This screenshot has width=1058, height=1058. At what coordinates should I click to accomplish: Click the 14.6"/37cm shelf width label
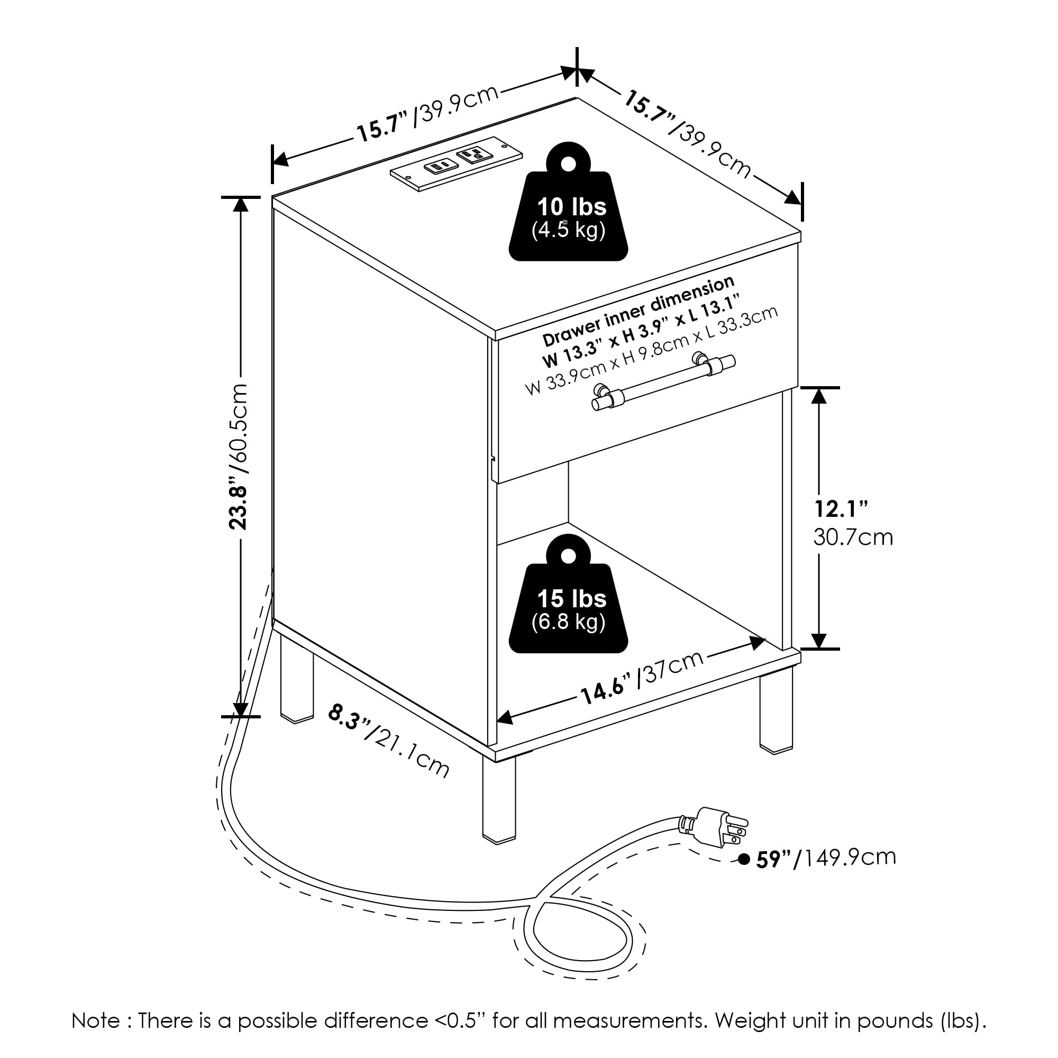pyautogui.click(x=641, y=678)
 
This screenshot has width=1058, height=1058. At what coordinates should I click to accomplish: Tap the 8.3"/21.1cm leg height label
pyautogui.click(x=389, y=741)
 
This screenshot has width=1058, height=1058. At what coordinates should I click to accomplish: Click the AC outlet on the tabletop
pyautogui.click(x=473, y=155)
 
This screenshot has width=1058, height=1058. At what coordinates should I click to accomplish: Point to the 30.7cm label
pyautogui.click(x=853, y=538)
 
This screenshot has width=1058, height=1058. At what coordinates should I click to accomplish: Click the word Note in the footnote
pyautogui.click(x=95, y=1020)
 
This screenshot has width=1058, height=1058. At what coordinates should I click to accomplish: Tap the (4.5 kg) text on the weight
pyautogui.click(x=569, y=231)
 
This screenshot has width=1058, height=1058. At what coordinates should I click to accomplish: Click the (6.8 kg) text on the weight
pyautogui.click(x=569, y=622)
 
